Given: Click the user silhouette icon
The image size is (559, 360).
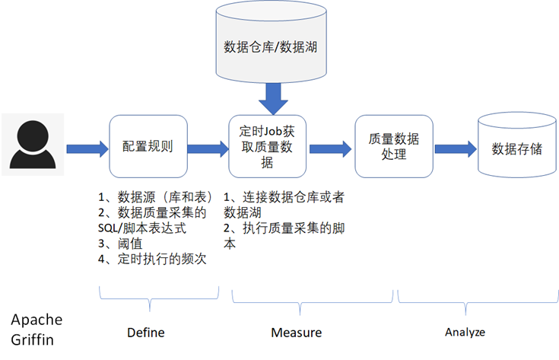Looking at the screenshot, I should pyautogui.click(x=32, y=142).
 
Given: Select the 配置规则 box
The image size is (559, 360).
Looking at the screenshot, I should pyautogui.click(x=148, y=146).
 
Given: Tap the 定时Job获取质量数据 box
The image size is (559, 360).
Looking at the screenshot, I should pyautogui.click(x=268, y=146).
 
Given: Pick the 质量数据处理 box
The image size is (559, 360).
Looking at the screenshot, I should pyautogui.click(x=393, y=146).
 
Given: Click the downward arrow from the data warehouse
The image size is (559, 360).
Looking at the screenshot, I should pyautogui.click(x=271, y=99).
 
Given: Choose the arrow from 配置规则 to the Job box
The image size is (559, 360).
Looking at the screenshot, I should pyautogui.click(x=207, y=148).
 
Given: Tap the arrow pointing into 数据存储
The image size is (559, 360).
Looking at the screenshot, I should pyautogui.click(x=454, y=148).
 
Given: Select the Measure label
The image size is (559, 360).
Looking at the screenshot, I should pyautogui.click(x=297, y=333).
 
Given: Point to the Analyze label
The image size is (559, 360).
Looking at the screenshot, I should pyautogui.click(x=465, y=333).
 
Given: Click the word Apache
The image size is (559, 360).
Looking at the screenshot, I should pyautogui.click(x=37, y=318).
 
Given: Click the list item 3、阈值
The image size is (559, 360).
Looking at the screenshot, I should pyautogui.click(x=121, y=244).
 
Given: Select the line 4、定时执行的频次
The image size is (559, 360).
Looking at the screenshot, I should pyautogui.click(x=153, y=260).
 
